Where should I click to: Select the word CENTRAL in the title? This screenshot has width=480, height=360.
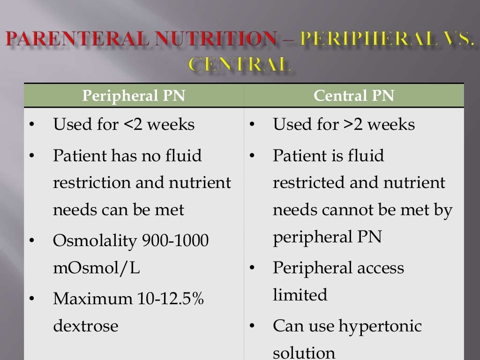(x=240, y=64)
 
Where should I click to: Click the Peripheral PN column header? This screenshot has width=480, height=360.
(x=134, y=96)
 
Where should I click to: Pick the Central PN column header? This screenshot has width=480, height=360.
(x=354, y=96)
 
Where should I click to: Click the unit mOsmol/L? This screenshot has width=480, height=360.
(x=96, y=268)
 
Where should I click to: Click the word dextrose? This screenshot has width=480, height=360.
(x=85, y=325)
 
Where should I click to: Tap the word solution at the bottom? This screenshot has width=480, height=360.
(x=304, y=352)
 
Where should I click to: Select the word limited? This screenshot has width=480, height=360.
(x=300, y=295)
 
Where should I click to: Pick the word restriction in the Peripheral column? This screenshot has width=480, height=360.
(x=92, y=182)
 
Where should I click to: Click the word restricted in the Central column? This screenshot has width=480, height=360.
(x=308, y=182)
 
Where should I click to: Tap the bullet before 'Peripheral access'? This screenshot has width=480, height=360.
(x=252, y=269)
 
